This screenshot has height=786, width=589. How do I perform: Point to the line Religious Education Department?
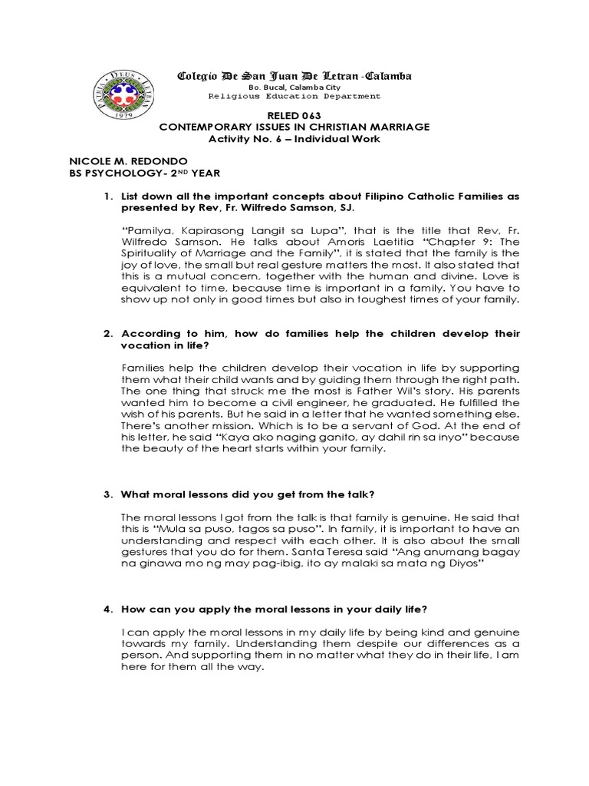click(x=294, y=97)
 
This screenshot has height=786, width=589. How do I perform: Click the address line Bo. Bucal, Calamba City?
click(x=294, y=88)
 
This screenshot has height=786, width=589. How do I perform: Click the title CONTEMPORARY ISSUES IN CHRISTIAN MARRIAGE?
click(x=294, y=126)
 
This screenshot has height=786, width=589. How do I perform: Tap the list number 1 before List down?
click(x=107, y=198)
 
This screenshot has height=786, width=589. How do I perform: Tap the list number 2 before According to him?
click(x=107, y=334)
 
